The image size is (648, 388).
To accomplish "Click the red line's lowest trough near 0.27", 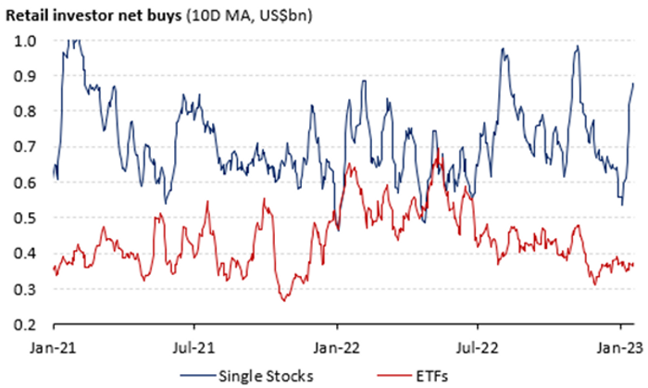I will pyautogui.click(x=284, y=300).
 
